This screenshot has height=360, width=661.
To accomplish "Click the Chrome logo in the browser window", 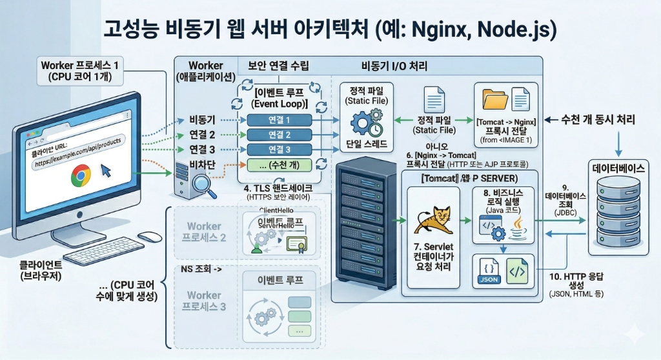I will (80, 175).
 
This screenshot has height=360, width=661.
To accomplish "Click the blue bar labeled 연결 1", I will (279, 120).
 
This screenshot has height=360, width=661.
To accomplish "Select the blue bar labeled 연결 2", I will (279, 135).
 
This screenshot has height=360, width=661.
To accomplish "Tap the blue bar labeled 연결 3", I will (279, 150).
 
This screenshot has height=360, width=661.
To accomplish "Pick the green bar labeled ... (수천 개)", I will (279, 165).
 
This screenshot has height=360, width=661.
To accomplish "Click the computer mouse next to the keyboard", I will (150, 236).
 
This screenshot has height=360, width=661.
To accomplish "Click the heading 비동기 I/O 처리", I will (394, 66).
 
